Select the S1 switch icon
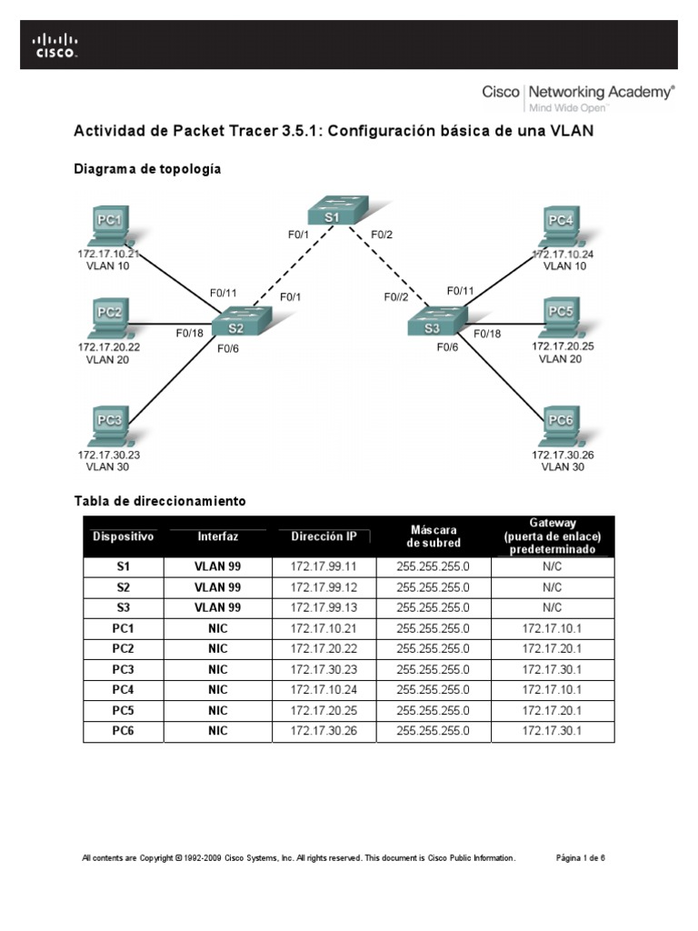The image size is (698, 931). point(332,213)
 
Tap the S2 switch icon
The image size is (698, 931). point(239,325)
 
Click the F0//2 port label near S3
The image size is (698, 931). point(397,296)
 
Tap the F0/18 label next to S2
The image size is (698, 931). point(191,333)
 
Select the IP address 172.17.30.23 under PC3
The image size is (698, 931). point(109,454)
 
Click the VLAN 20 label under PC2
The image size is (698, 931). point(107,359)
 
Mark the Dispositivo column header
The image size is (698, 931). point(124,536)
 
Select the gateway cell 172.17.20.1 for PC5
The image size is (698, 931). point(552,709)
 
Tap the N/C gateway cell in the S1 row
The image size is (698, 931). point(552,566)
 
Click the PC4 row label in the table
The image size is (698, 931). point(124,689)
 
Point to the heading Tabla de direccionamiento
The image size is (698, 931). point(159,501)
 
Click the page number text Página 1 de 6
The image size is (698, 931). point(580,857)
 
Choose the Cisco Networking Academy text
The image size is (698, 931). point(577,92)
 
